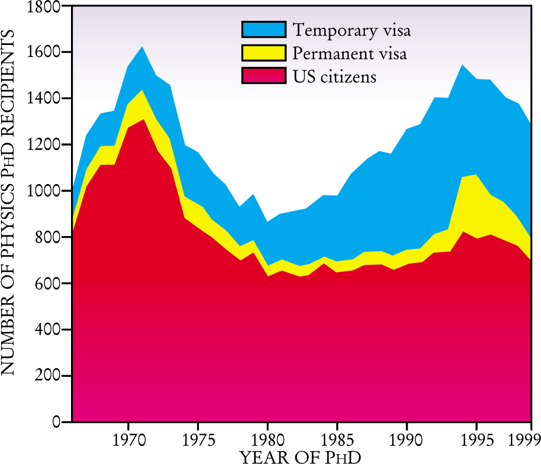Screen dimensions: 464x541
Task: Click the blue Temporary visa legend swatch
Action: pos(263,29)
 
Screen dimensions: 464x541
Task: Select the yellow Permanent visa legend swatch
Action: pos(263,53)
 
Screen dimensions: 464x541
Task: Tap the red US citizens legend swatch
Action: pos(263,76)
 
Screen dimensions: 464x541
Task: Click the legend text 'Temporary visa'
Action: pos(351,30)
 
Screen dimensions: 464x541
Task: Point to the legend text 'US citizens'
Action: pos(334,76)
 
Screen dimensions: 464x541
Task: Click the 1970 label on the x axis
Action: pos(128,438)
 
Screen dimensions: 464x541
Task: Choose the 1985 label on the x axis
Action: pos(337,438)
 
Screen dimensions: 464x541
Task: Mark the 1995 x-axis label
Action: pos(476,438)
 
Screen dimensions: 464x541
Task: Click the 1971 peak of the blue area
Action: pos(142,48)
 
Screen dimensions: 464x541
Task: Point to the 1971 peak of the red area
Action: pos(142,120)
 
